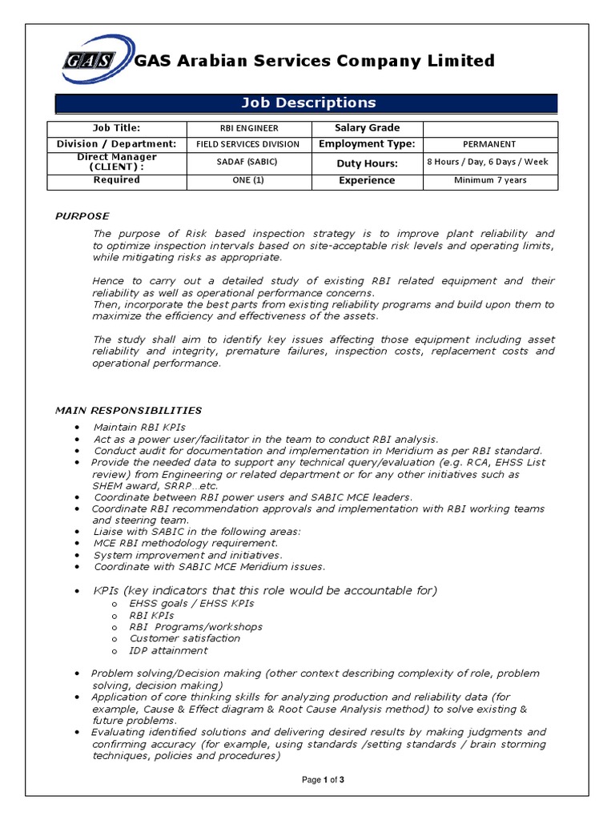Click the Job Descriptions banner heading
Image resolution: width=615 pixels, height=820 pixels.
(x=308, y=102)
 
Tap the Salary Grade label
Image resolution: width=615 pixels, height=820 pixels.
(x=367, y=128)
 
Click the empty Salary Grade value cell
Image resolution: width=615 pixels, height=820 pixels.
(x=490, y=128)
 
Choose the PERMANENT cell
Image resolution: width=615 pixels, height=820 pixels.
(x=490, y=144)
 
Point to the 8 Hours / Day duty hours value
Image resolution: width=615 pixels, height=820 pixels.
(x=490, y=162)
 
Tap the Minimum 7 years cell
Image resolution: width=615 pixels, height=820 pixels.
(x=490, y=180)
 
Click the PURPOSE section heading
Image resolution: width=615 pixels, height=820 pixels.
(x=82, y=216)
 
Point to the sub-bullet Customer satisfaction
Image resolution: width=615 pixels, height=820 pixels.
(x=184, y=638)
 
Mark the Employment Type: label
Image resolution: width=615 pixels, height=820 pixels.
(x=367, y=144)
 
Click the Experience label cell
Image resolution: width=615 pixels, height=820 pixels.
(x=367, y=180)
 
